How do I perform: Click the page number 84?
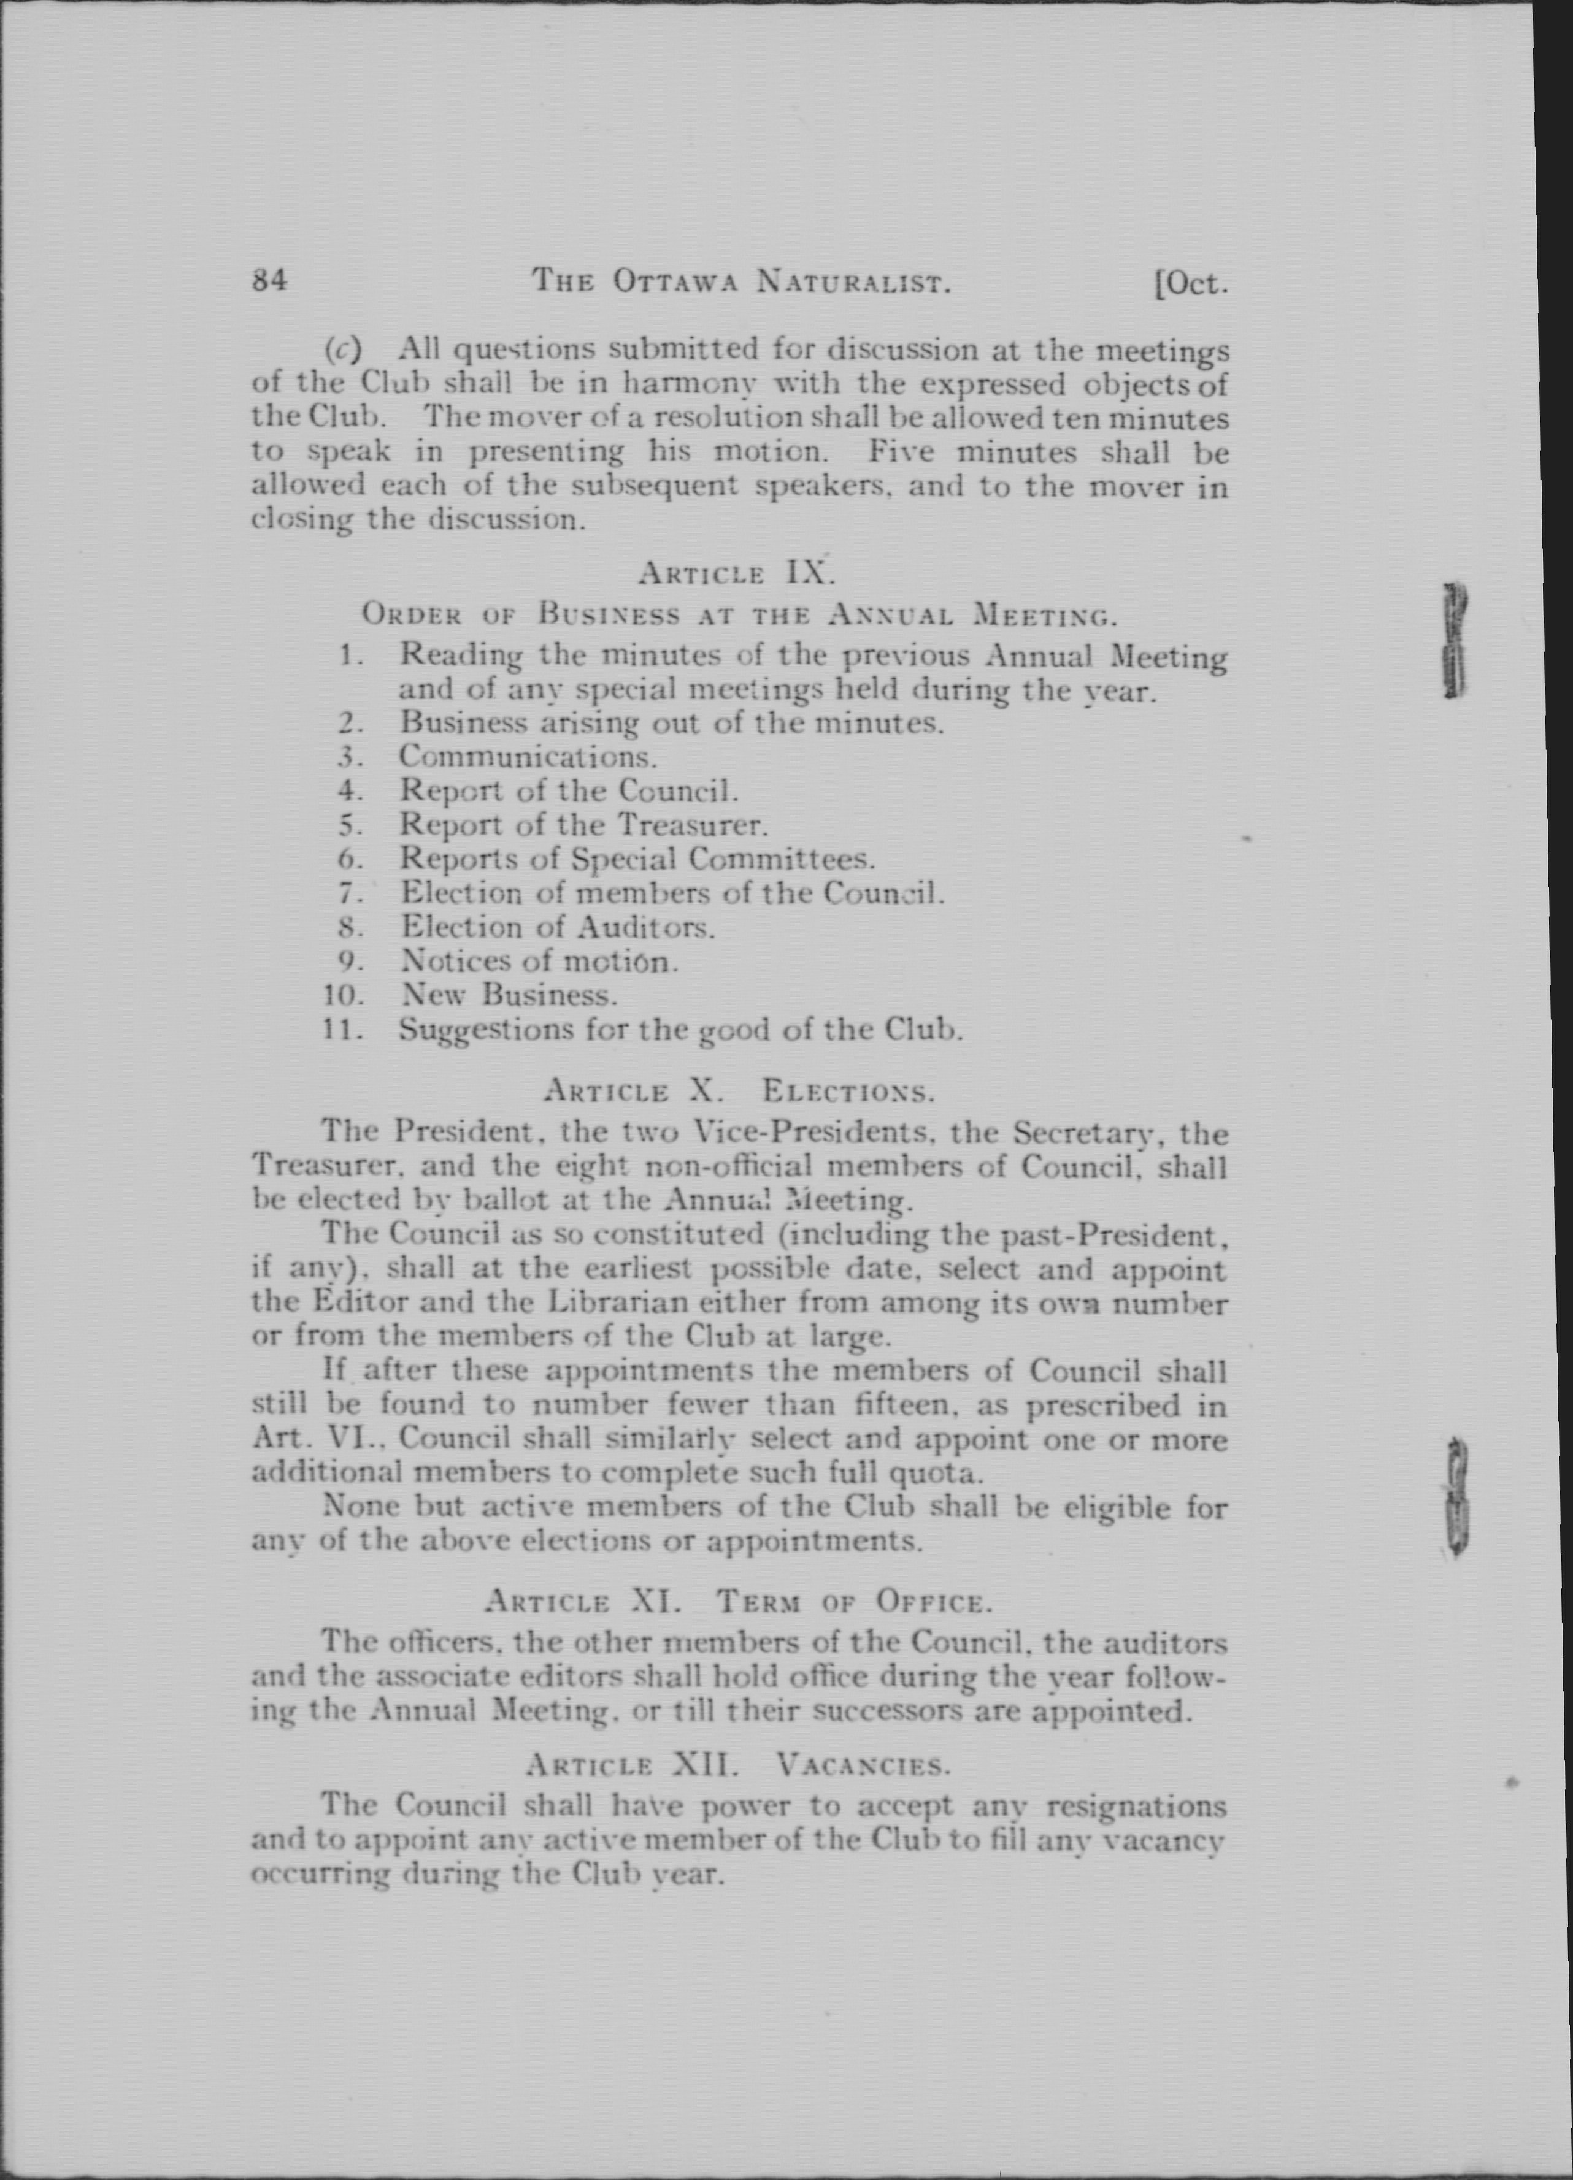click(x=269, y=281)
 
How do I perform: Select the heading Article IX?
click(x=736, y=574)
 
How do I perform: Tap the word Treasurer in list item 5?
click(x=691, y=825)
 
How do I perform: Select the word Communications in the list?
click(x=528, y=757)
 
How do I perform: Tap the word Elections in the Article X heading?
click(x=848, y=1092)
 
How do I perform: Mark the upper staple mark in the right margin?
click(x=1453, y=639)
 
